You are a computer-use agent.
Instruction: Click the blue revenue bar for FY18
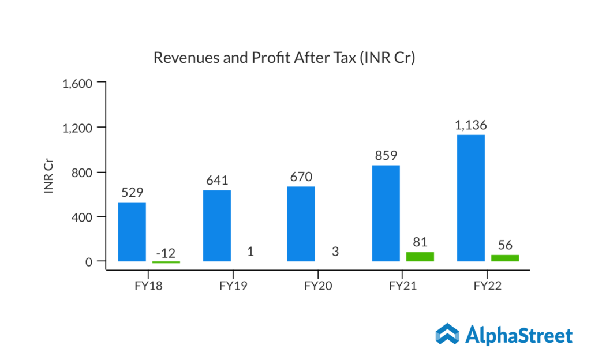132,231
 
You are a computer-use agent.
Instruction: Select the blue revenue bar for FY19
216,226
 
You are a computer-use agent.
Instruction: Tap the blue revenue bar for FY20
301,224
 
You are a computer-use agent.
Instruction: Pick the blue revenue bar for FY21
386,213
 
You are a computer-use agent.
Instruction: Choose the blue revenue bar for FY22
471,198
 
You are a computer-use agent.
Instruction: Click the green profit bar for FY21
420,257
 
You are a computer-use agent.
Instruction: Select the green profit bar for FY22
505,258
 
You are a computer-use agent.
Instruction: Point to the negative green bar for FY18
166,262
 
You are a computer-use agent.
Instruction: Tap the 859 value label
386,155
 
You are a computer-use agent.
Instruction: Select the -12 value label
166,252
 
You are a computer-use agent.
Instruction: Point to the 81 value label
420,242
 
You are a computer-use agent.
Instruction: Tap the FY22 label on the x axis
487,286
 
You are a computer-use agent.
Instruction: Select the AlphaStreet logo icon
447,335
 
